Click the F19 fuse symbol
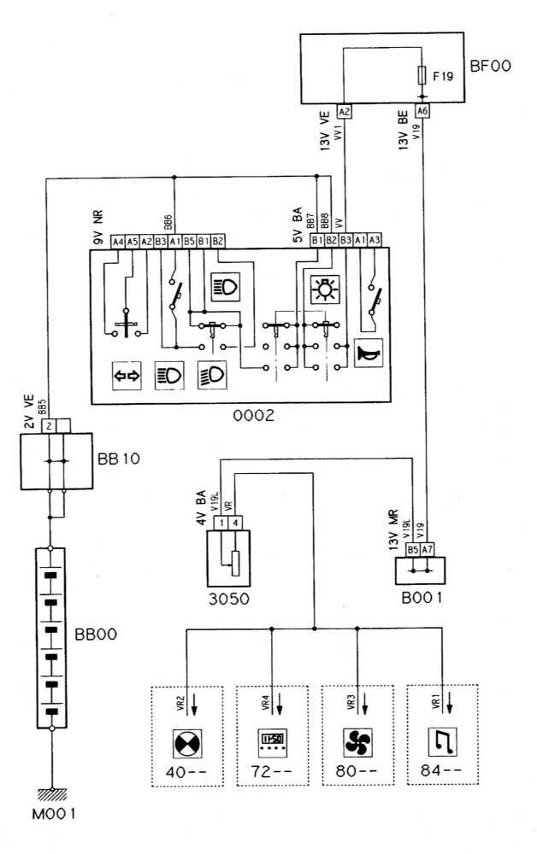[x=421, y=76]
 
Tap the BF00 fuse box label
[x=490, y=64]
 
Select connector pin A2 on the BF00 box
[x=344, y=112]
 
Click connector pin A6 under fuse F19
[x=421, y=112]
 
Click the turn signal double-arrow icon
[x=127, y=374]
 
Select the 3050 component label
[x=227, y=598]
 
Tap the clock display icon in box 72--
[x=272, y=740]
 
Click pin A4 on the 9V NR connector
[x=118, y=241]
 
